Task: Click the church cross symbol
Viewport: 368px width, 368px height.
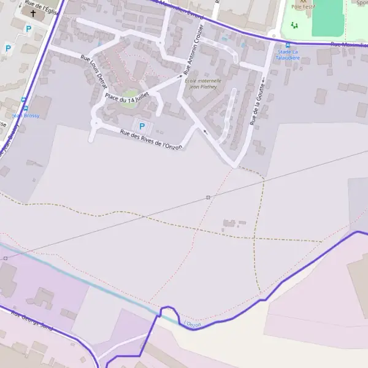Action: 33,13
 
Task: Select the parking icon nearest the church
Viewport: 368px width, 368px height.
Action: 28,28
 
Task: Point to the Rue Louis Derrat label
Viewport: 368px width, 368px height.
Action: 94,74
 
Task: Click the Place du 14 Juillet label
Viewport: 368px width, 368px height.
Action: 126,93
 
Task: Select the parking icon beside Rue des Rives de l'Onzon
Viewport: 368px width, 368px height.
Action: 142,126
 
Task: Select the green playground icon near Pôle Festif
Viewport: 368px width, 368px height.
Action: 294,25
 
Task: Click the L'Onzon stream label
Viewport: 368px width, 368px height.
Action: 192,324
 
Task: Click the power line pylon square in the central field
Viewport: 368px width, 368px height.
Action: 208,197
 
